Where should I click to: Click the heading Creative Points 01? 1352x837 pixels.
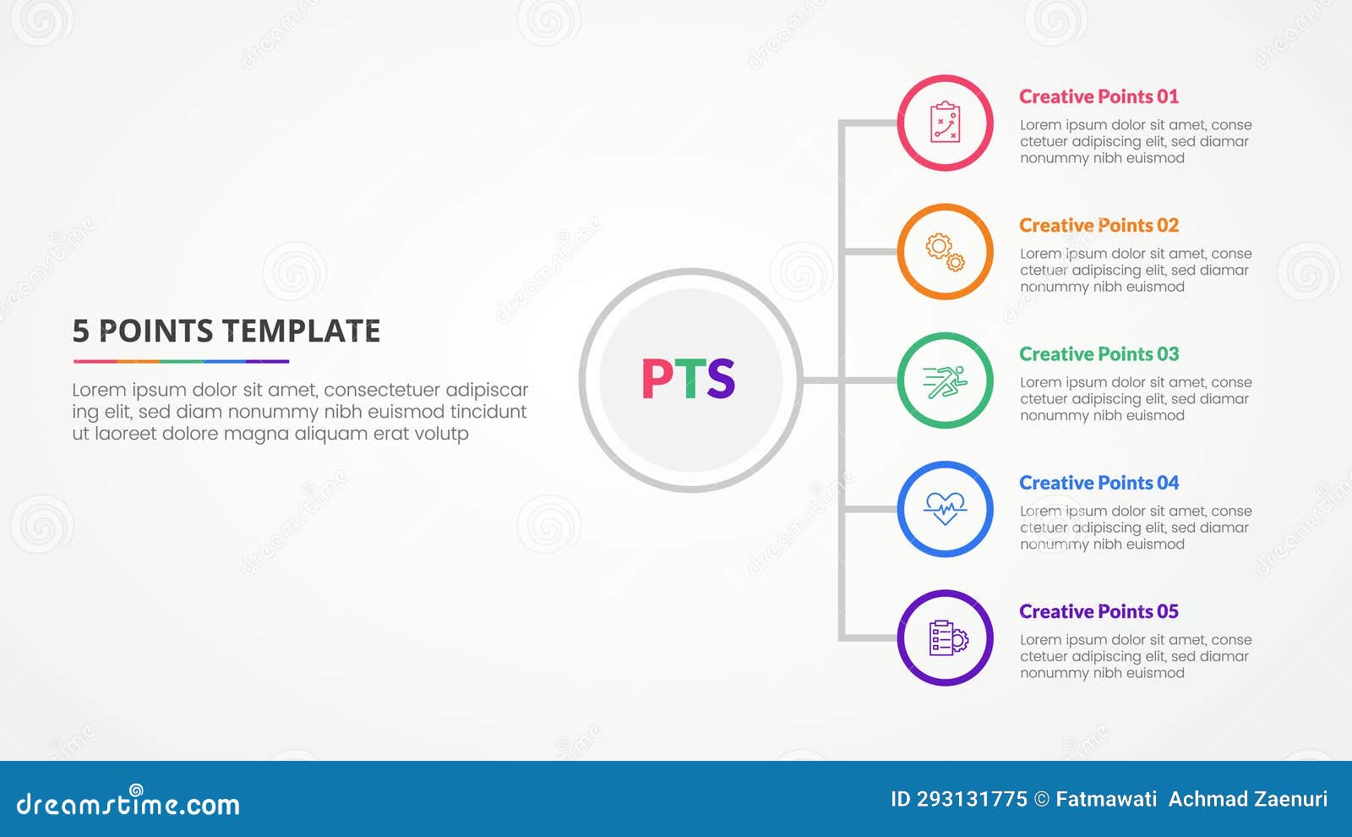tap(1098, 97)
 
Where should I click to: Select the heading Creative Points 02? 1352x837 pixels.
tap(1098, 226)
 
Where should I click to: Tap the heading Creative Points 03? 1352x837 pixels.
tap(1098, 354)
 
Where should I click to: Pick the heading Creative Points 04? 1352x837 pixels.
tap(1098, 483)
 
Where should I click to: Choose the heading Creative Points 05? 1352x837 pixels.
tap(1098, 611)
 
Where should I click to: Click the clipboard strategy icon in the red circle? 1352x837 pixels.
tap(945, 123)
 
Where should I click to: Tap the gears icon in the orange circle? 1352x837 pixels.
tap(945, 252)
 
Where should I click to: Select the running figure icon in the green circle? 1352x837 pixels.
tap(945, 381)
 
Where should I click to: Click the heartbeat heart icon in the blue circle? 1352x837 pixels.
tap(945, 509)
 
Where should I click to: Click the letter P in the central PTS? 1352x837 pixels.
tap(657, 379)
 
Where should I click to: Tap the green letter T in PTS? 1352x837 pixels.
tap(689, 379)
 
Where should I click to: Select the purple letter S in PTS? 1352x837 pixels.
tap(721, 379)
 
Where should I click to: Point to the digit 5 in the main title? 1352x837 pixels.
tap(80, 331)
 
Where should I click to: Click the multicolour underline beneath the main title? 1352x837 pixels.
tap(181, 361)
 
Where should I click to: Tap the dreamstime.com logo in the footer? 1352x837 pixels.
tap(128, 803)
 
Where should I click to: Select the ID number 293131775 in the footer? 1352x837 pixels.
tap(972, 800)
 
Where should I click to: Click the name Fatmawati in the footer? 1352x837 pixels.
tap(1106, 800)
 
